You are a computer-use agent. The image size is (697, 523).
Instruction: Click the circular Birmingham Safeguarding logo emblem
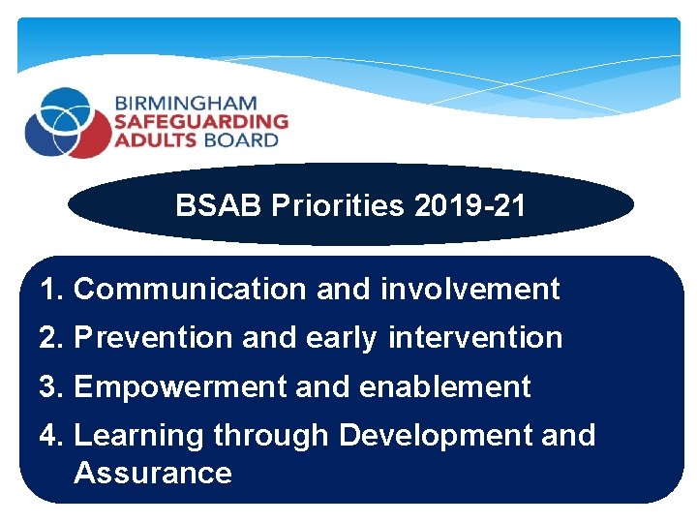coord(69,122)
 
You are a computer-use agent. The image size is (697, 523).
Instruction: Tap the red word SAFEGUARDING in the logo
coord(201,121)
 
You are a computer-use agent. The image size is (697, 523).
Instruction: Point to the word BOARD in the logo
coord(239,139)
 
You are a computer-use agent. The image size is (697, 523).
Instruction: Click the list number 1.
coord(50,289)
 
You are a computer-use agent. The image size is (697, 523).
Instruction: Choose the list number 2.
coord(50,338)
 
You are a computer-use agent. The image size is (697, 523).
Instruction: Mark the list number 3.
coord(50,386)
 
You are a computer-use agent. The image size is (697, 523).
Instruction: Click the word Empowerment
coord(179,386)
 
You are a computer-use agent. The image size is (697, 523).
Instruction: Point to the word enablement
coord(444,386)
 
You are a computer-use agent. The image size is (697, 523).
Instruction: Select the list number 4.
coord(50,435)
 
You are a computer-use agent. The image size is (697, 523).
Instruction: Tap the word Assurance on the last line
coord(152,473)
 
